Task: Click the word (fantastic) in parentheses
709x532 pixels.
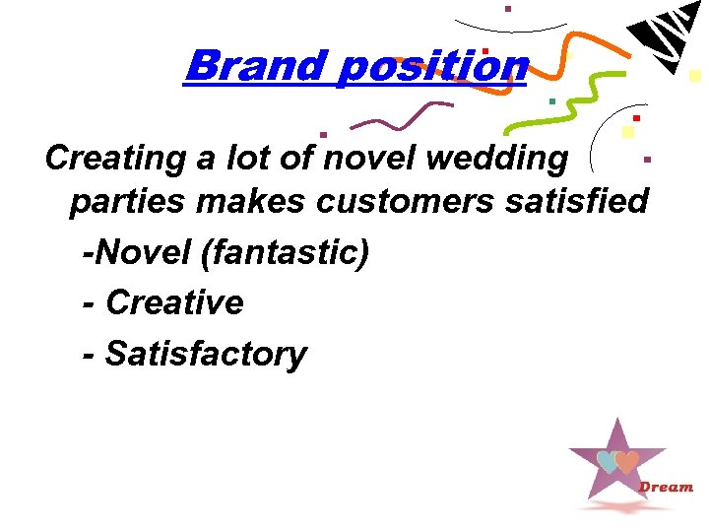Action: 285,252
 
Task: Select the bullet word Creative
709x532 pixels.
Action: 174,302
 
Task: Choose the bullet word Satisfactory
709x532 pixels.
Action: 206,353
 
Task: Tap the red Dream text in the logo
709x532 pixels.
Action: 667,487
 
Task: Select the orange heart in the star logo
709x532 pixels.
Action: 626,461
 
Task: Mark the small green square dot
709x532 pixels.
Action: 552,100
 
